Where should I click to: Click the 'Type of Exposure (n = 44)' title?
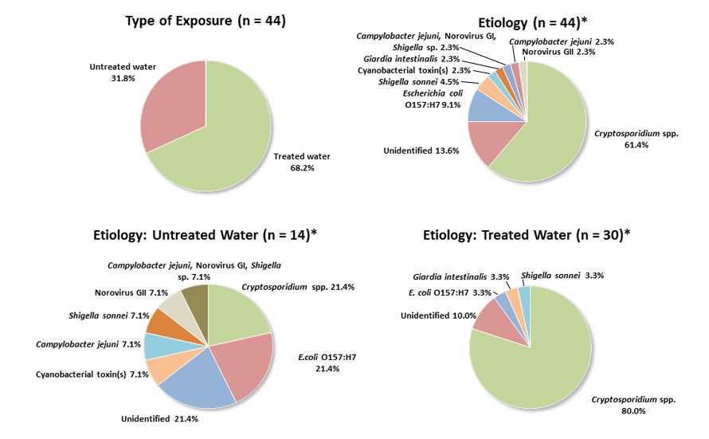pos(206,21)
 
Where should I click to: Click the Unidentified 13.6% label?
pos(421,151)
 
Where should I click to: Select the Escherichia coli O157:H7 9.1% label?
pos(433,97)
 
